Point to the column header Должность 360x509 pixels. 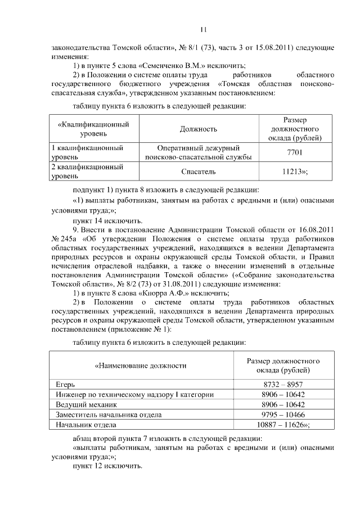198,129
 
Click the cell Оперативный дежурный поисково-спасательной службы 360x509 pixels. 198,152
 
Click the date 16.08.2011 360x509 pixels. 310,231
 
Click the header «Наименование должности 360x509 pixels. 141,366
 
